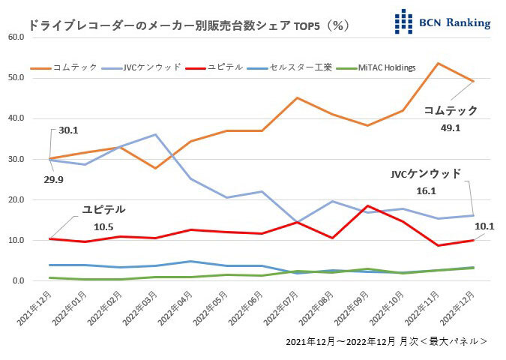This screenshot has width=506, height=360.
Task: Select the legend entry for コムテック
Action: pos(76,67)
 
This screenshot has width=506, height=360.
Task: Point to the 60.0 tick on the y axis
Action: pos(16,37)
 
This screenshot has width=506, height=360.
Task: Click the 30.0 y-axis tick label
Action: pos(16,159)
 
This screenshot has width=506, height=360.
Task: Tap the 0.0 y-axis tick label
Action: pos(19,281)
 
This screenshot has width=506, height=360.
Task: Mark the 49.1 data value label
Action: pos(456,128)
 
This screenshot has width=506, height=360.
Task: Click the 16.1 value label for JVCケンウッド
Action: pos(447,191)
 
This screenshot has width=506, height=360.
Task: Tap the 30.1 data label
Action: pos(67,129)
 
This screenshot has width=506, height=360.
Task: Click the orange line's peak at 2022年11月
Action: pos(437,63)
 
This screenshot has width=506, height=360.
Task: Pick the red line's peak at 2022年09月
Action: pos(367,205)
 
